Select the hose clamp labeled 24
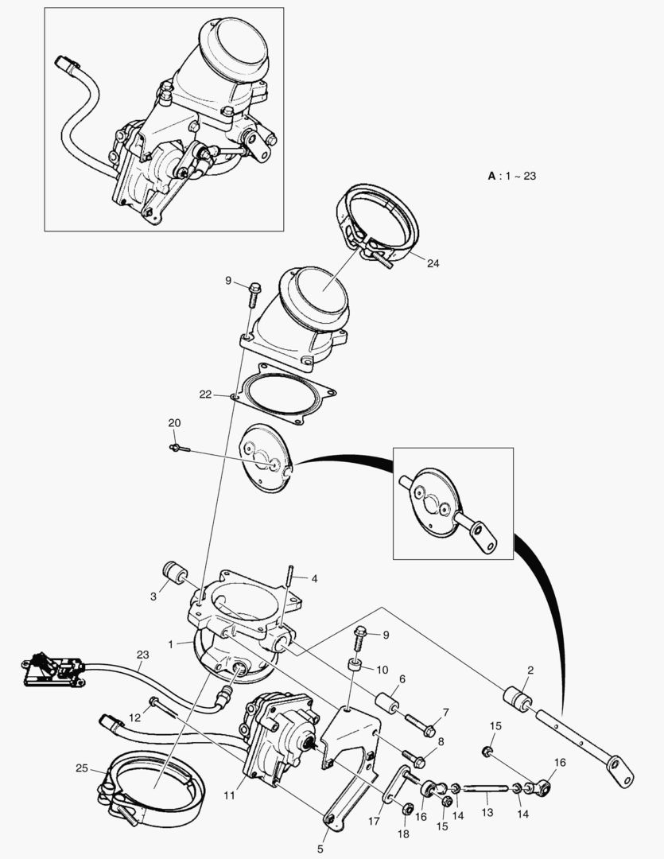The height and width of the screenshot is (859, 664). coord(380,221)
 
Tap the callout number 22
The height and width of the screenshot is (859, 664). coord(206,394)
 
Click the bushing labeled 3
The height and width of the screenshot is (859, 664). coord(174,573)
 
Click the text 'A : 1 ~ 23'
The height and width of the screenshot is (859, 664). coord(511,176)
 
